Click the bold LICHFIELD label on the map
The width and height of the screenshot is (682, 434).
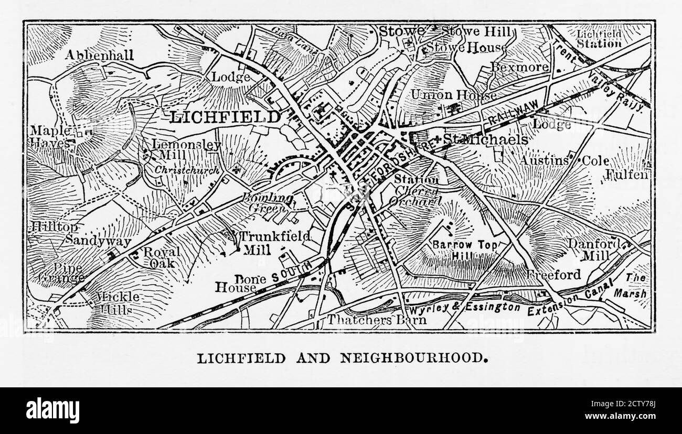pyautogui.click(x=225, y=117)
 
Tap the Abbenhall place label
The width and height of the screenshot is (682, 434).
pyautogui.click(x=100, y=55)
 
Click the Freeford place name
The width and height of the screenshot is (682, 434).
pyautogui.click(x=554, y=275)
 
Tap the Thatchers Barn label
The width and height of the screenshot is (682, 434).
pyautogui.click(x=377, y=319)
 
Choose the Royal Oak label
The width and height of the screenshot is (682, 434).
pyautogui.click(x=162, y=257)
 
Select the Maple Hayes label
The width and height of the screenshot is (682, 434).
pyautogui.click(x=50, y=136)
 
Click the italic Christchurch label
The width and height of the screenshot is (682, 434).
pyautogui.click(x=186, y=170)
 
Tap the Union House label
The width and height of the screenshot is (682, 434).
pyautogui.click(x=453, y=95)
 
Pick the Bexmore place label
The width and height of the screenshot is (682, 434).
pyautogui.click(x=519, y=67)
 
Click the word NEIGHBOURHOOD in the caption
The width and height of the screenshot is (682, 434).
pyautogui.click(x=411, y=358)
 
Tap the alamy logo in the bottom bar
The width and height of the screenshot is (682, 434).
pyautogui.click(x=52, y=410)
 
